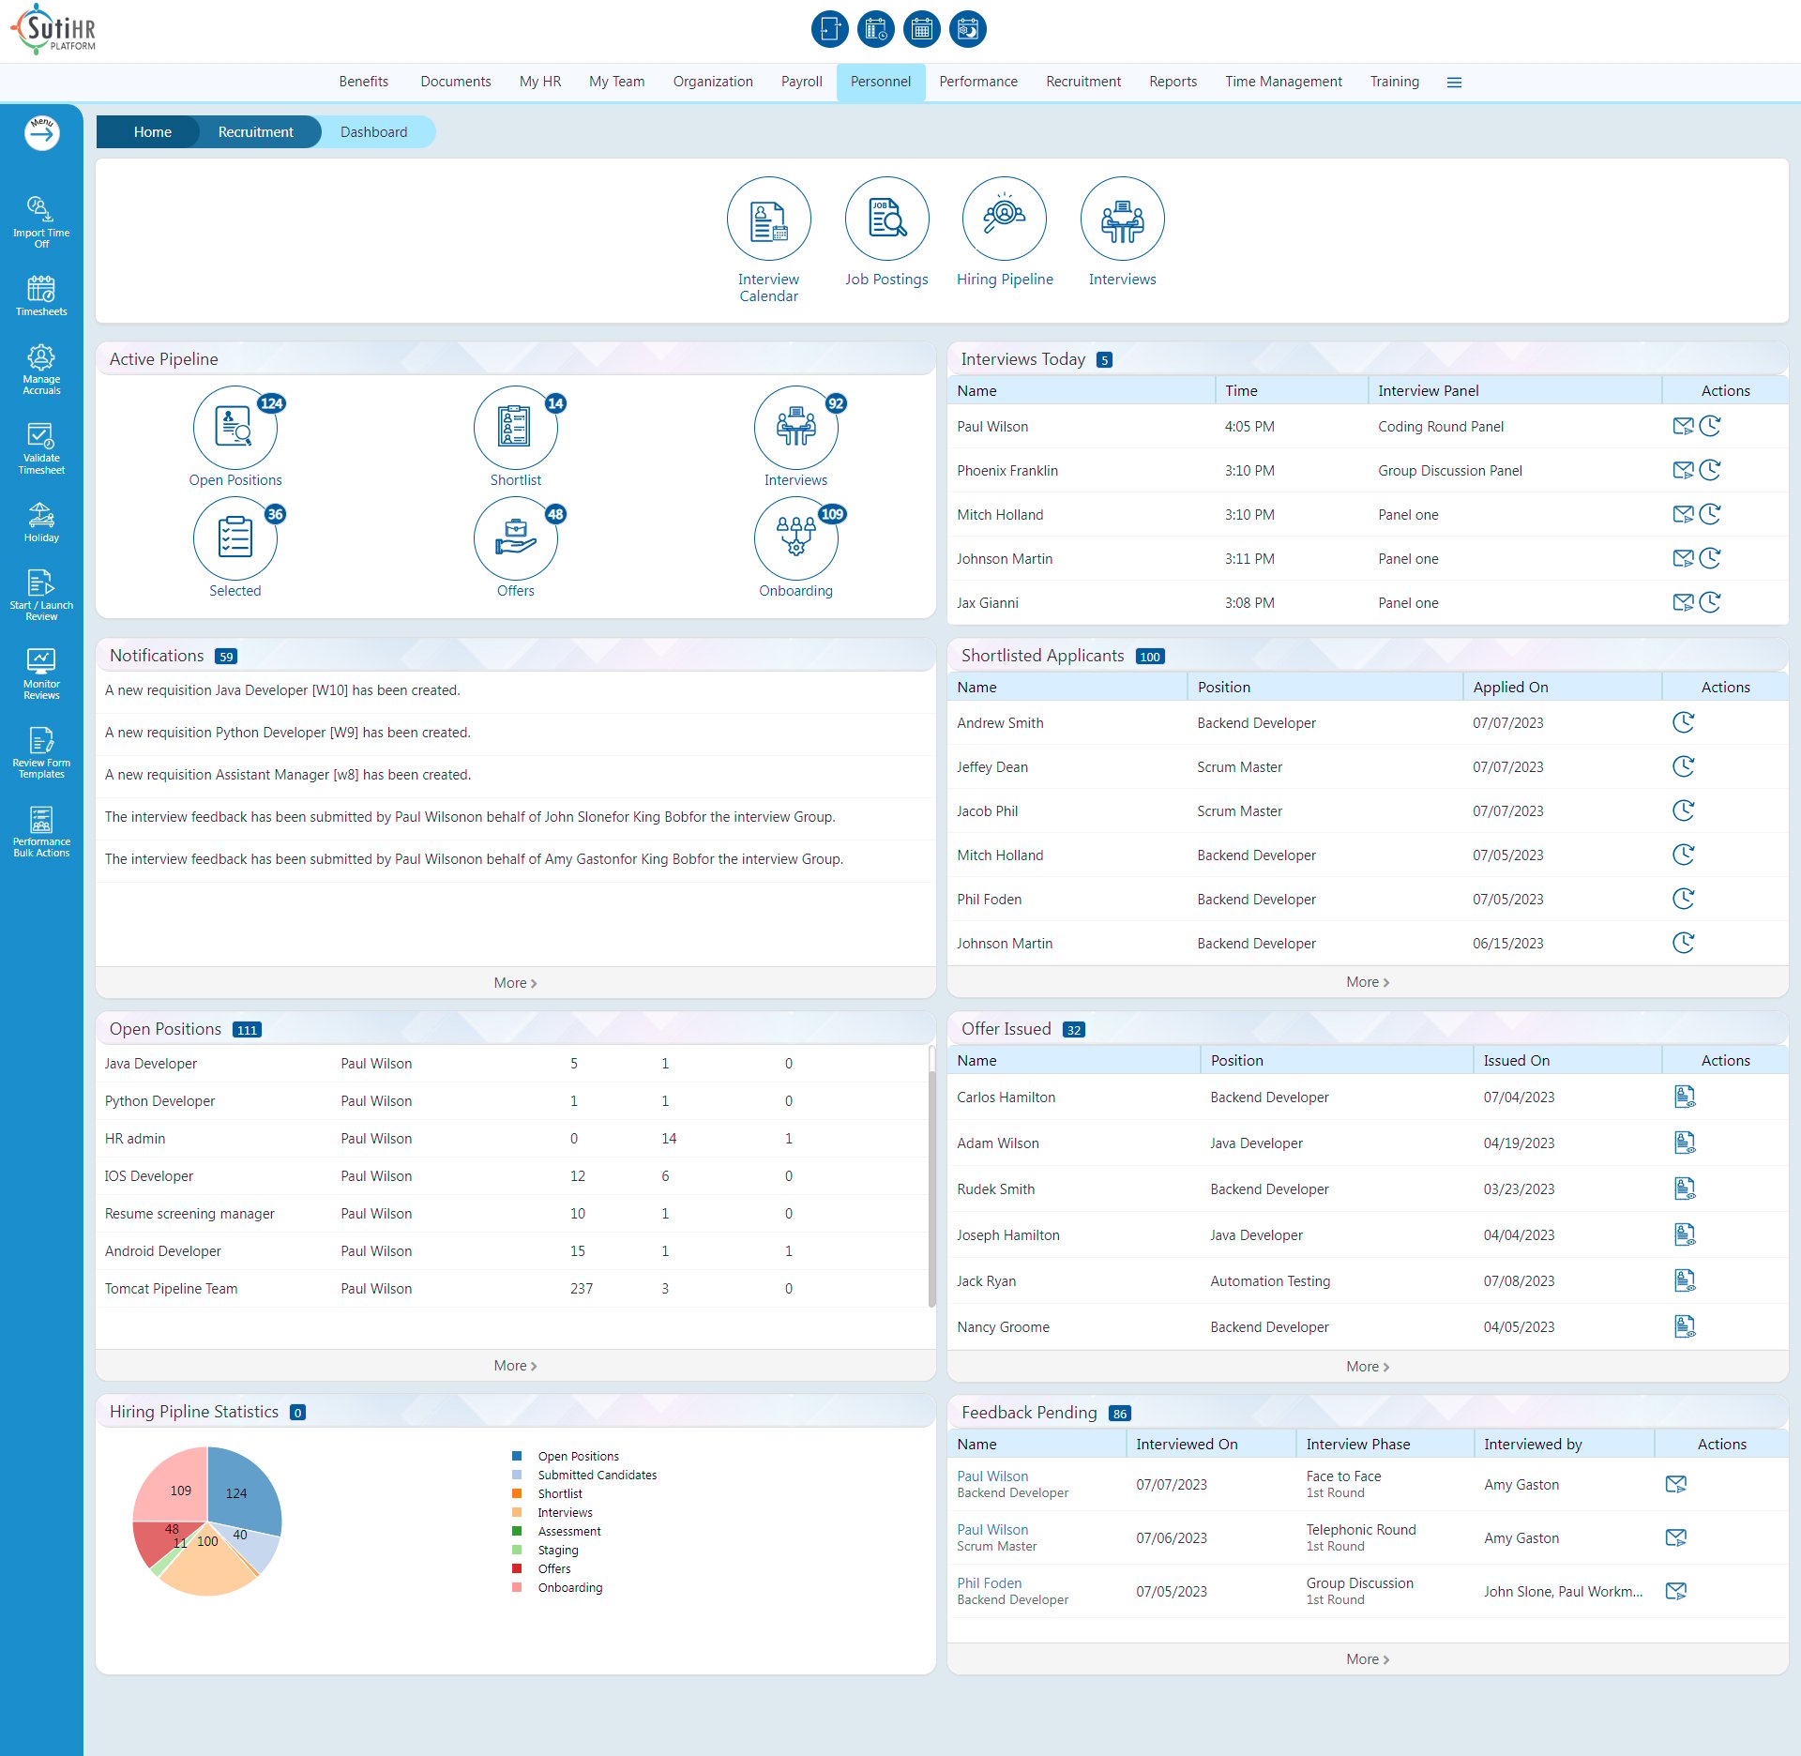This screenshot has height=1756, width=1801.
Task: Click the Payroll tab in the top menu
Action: (x=801, y=82)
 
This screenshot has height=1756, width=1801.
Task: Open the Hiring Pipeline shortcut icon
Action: (x=1004, y=219)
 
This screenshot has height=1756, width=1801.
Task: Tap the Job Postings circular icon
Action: (x=886, y=219)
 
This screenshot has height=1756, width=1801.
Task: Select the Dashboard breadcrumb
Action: (x=373, y=132)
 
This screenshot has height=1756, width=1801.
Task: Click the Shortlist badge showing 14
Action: (x=555, y=403)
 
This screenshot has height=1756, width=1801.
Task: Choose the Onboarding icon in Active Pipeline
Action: (x=795, y=538)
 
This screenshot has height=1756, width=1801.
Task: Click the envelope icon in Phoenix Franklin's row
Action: (x=1683, y=470)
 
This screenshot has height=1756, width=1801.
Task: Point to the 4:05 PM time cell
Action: (x=1249, y=427)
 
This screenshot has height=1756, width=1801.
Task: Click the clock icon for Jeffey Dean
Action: (x=1684, y=766)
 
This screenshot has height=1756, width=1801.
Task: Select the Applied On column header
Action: (x=1510, y=687)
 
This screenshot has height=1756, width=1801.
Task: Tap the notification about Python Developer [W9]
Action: (x=288, y=733)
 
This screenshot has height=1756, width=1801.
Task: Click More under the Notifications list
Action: (x=515, y=983)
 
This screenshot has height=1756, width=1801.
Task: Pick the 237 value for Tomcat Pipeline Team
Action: (x=582, y=1289)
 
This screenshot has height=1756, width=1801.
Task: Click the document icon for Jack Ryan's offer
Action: (x=1685, y=1280)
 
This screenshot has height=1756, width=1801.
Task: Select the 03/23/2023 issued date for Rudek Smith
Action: (x=1519, y=1189)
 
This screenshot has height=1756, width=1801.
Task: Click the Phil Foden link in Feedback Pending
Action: (x=989, y=1583)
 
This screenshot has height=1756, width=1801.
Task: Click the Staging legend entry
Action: (x=558, y=1551)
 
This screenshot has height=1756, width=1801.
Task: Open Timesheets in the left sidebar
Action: (x=41, y=295)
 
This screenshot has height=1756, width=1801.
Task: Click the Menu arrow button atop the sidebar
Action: (x=41, y=133)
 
